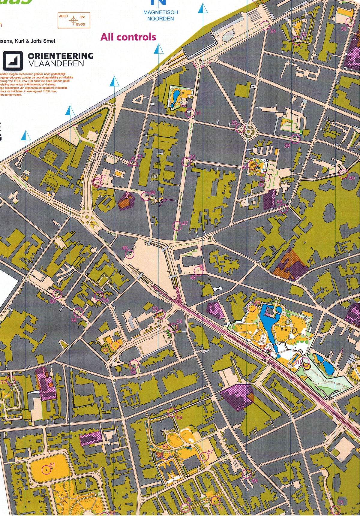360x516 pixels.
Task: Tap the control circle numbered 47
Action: [x=177, y=225]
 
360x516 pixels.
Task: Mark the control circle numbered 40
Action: [x=343, y=173]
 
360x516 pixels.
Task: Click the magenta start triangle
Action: [x=132, y=162]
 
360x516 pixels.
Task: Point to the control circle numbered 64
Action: [x=172, y=412]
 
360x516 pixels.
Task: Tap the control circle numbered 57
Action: [x=11, y=380]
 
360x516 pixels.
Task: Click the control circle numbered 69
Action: [x=247, y=474]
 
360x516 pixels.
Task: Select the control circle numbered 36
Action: [x=350, y=22]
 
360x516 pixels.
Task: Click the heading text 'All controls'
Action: [x=128, y=37]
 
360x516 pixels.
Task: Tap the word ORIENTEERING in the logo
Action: [x=60, y=56]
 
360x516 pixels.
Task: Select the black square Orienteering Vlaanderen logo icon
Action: [x=13, y=60]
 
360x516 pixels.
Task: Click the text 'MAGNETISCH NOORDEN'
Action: [x=160, y=15]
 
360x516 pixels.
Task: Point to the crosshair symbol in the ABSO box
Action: [x=73, y=20]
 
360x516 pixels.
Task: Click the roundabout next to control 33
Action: [x=249, y=131]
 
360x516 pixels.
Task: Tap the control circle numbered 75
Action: [x=336, y=509]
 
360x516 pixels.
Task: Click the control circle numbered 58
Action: [x=78, y=312]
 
